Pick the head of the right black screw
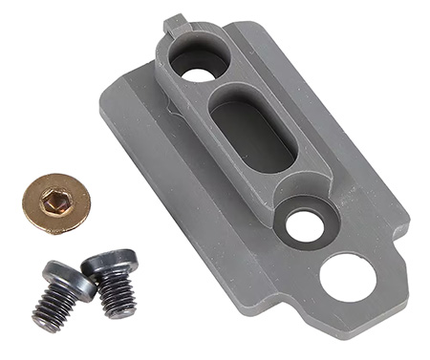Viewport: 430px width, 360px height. pyautogui.click(x=107, y=260)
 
